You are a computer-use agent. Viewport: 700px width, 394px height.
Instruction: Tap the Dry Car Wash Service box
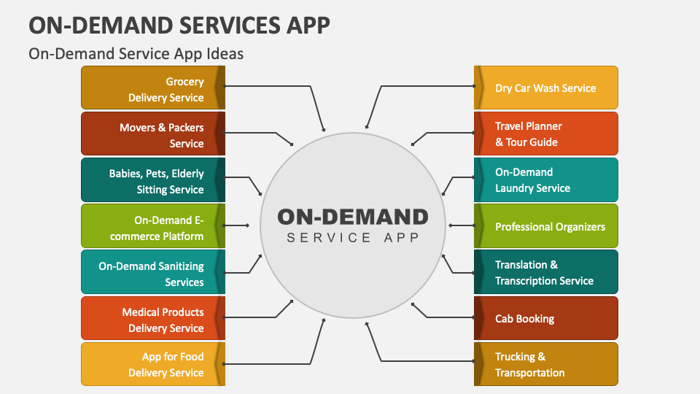click(x=547, y=88)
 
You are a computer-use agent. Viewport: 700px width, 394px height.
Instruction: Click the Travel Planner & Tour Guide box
click(x=547, y=134)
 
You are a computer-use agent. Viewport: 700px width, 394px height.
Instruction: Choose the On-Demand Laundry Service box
click(x=547, y=180)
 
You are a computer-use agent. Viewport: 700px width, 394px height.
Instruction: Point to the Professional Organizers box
click(x=547, y=227)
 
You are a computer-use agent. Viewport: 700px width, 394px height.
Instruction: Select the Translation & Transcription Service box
click(x=547, y=273)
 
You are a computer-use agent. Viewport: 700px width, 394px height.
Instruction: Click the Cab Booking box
click(x=547, y=319)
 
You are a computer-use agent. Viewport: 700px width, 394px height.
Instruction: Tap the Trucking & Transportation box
click(x=547, y=364)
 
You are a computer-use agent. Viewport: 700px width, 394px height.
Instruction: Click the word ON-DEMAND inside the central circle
click(x=352, y=217)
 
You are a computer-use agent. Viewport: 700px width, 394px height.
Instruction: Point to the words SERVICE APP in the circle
click(x=352, y=238)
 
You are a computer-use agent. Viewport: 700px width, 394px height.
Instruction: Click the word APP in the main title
click(x=303, y=25)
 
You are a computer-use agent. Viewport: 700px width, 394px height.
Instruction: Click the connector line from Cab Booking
click(x=445, y=317)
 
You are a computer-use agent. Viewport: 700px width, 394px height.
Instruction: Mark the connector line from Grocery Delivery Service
click(x=277, y=85)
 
